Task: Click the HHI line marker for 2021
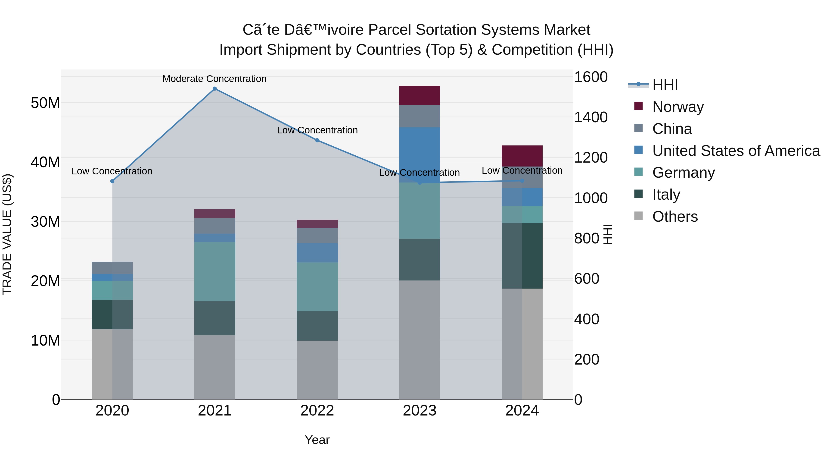pos(215,89)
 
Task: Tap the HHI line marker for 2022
pos(317,140)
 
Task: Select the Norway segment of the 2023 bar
pos(420,95)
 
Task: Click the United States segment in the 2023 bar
pos(420,155)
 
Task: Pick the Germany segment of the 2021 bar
pos(215,271)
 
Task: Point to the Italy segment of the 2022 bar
pos(317,326)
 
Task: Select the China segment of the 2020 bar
pos(112,268)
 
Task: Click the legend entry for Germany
pos(683,173)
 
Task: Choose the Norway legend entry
pos(678,107)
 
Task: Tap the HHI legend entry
pos(665,85)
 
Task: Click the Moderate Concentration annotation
pos(214,79)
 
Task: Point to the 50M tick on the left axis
pos(45,103)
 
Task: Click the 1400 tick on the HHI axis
pos(591,117)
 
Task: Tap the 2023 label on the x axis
pos(420,411)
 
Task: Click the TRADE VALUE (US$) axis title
pos(7,234)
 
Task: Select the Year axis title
pos(317,440)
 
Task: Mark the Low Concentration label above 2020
pos(112,171)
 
